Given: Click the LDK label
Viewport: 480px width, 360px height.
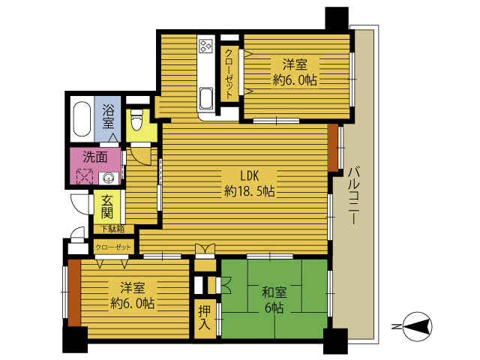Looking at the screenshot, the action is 250,175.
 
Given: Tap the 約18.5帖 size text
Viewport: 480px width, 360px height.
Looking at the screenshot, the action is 249,192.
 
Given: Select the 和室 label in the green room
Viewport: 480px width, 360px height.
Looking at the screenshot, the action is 274,292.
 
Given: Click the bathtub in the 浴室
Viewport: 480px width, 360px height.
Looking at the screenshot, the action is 82,119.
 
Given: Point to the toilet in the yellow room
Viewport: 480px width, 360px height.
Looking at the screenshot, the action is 136,120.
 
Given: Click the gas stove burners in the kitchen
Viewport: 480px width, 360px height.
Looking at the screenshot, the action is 205,46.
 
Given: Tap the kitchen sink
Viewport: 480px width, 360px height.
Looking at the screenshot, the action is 206,98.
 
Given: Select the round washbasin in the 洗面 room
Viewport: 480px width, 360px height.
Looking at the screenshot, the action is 108,178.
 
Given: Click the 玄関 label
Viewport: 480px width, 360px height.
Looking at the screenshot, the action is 107,207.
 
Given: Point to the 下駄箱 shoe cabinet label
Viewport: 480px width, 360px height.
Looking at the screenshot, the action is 113,229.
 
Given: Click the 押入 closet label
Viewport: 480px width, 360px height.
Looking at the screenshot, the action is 204,318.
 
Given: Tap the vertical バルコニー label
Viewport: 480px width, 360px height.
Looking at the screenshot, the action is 353,196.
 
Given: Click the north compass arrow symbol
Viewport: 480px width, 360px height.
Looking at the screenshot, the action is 418,326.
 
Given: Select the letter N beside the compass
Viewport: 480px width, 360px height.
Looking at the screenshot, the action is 396,326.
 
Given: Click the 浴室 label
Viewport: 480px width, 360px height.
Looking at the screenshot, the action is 108,116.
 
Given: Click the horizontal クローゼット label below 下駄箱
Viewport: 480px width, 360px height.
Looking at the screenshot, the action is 113,247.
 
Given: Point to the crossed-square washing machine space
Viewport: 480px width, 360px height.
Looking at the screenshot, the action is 85,177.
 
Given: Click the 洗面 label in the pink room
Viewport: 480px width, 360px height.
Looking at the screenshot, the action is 95,157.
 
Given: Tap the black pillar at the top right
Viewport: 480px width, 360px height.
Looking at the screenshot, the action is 337,19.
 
